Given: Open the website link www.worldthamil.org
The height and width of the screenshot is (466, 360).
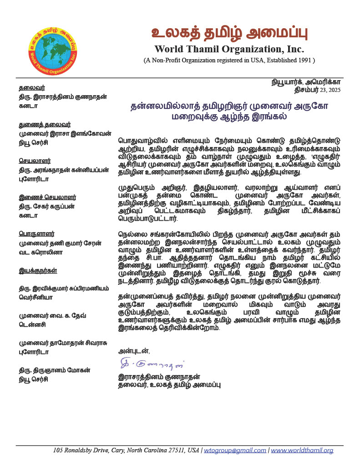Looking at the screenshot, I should tap(302, 451).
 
